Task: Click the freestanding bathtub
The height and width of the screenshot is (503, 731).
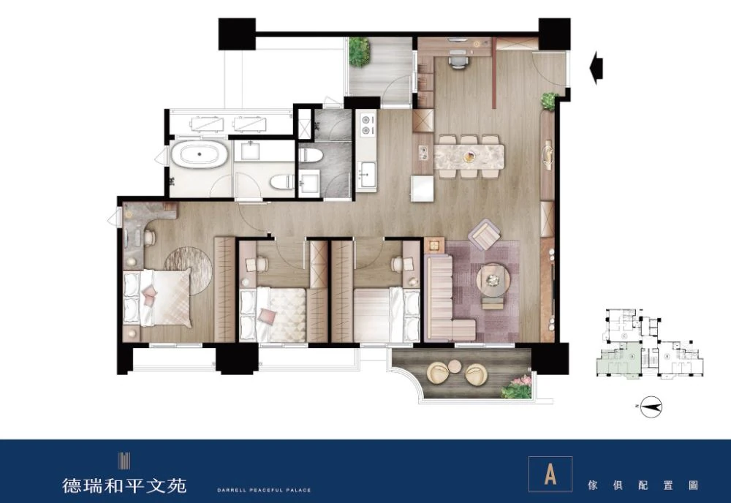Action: [199, 154]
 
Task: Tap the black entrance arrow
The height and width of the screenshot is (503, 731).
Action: [596, 68]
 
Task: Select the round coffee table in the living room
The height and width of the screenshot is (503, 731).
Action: [493, 279]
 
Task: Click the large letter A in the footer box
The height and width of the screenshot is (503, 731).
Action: [550, 474]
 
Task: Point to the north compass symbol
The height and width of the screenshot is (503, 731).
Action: [651, 407]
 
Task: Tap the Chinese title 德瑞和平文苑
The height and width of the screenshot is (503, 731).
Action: [124, 485]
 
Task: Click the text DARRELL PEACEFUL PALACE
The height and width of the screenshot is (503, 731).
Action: [264, 490]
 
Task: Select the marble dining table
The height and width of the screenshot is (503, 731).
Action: [469, 156]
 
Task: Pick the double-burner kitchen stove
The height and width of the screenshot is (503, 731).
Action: [366, 124]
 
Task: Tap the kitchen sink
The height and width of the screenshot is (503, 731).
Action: [366, 173]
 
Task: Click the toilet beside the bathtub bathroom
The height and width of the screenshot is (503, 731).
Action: [282, 181]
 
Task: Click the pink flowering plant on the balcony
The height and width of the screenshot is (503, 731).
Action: [518, 386]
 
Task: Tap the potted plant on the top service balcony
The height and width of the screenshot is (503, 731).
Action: [359, 50]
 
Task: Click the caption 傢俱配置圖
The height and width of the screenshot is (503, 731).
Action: [643, 485]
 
